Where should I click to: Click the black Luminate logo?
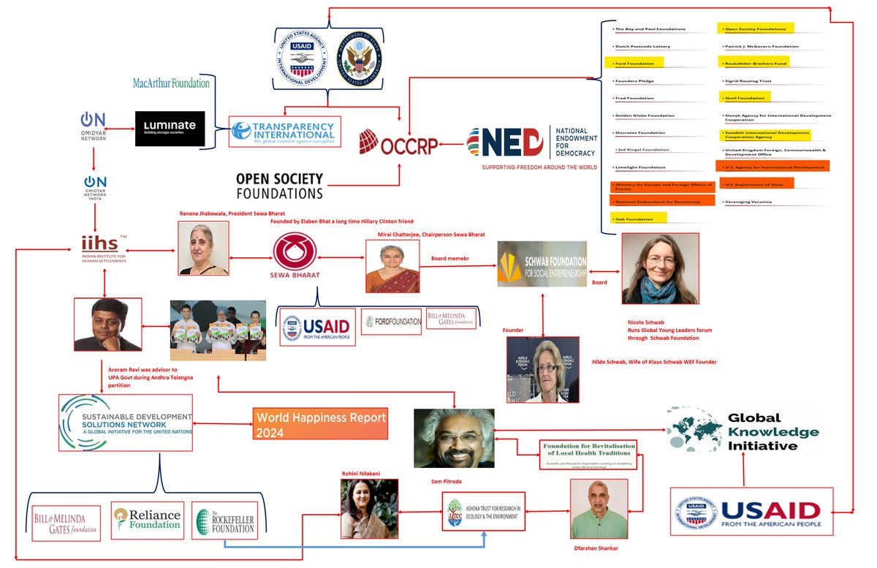170,128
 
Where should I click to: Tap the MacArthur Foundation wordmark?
171,83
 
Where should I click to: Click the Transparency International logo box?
283,132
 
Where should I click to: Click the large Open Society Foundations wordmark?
279,186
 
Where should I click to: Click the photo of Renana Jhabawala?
202,248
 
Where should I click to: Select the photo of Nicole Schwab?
660,268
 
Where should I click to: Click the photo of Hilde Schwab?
542,369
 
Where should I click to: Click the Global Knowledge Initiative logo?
742,431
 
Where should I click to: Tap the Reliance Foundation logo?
148,520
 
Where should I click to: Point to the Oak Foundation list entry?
637,219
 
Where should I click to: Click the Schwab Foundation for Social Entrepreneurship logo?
542,264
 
